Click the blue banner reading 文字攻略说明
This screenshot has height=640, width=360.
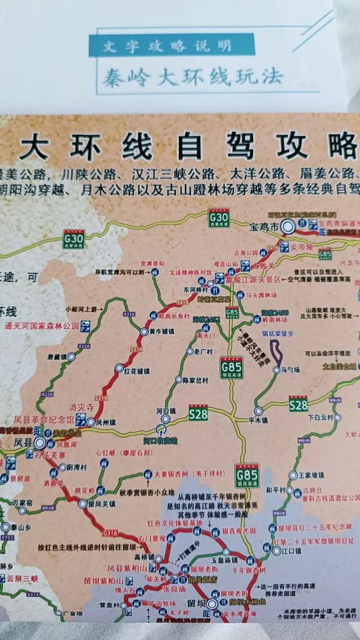coord(172,46)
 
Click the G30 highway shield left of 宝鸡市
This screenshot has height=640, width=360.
coord(218,216)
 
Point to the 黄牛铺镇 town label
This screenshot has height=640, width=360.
coord(163,332)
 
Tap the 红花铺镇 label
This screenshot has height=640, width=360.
coord(136,371)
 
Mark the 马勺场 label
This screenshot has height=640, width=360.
coord(289,371)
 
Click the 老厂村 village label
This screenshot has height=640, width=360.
coord(203,352)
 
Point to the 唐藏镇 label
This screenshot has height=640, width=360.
coord(57,356)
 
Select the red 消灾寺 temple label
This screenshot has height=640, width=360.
coord(81,407)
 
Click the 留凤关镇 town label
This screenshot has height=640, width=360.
coord(103,504)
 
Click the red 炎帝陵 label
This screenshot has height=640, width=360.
coord(302,246)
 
